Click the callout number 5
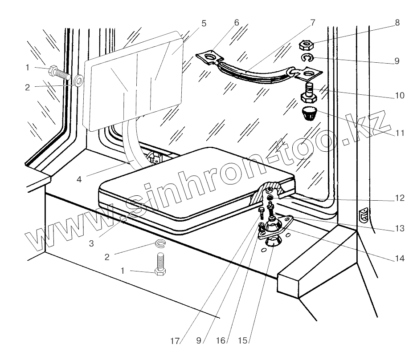(204, 24)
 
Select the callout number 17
(175, 341)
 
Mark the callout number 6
(236, 22)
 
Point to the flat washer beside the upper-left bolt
(79, 81)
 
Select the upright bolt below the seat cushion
(161, 265)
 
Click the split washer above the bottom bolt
(160, 243)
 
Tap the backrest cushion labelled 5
(134, 80)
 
